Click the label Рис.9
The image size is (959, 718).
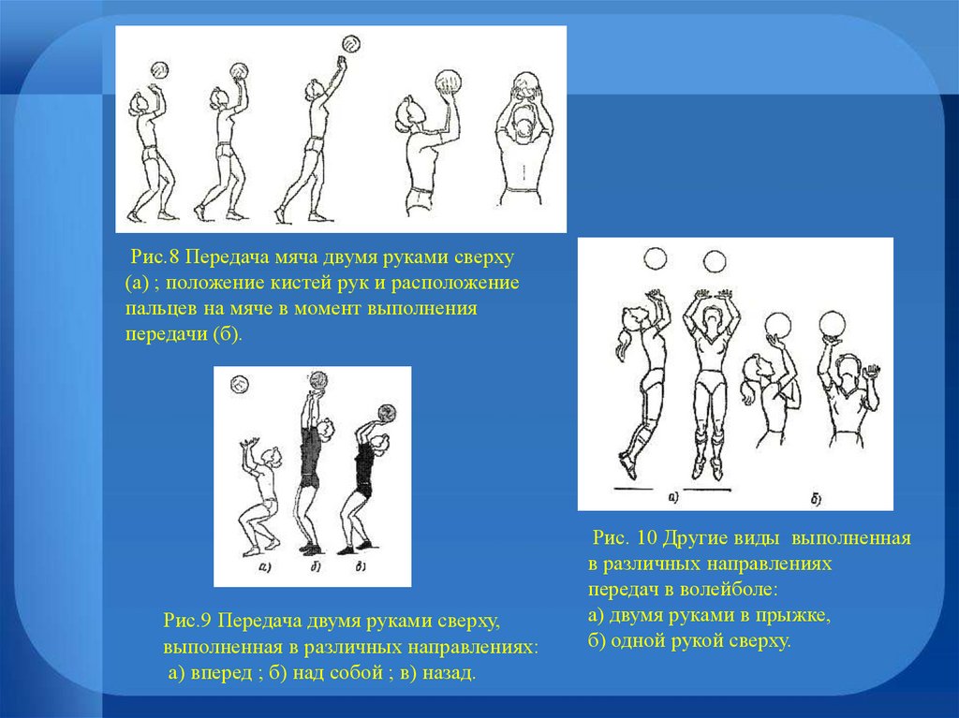click(187, 621)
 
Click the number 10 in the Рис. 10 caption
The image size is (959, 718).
click(646, 537)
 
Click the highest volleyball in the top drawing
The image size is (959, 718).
click(351, 44)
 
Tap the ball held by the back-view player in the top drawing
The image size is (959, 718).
click(526, 84)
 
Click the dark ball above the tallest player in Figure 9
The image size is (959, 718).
click(318, 380)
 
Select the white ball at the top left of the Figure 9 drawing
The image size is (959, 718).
click(240, 384)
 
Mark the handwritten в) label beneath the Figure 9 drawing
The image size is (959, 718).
click(361, 566)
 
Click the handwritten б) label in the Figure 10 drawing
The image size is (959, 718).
click(817, 500)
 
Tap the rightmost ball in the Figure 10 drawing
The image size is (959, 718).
click(833, 324)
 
